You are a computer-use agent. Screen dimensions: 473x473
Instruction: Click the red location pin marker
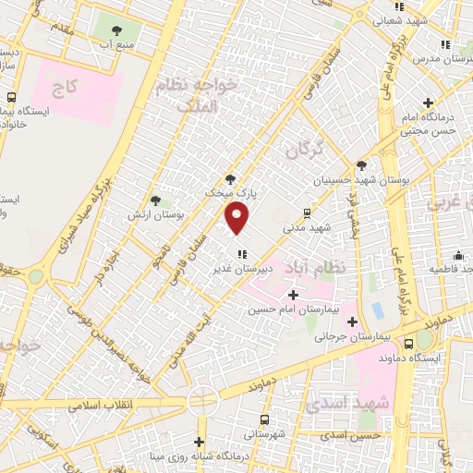click(x=238, y=217)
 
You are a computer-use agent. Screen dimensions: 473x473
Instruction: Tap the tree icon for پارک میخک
click(x=230, y=180)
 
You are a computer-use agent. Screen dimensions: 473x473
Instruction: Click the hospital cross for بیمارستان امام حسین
click(x=293, y=295)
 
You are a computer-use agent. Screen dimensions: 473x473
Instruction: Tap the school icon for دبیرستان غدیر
click(x=242, y=252)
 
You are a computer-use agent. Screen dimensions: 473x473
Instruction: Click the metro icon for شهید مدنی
click(x=307, y=212)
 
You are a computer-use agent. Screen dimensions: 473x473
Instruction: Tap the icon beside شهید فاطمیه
click(x=459, y=255)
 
